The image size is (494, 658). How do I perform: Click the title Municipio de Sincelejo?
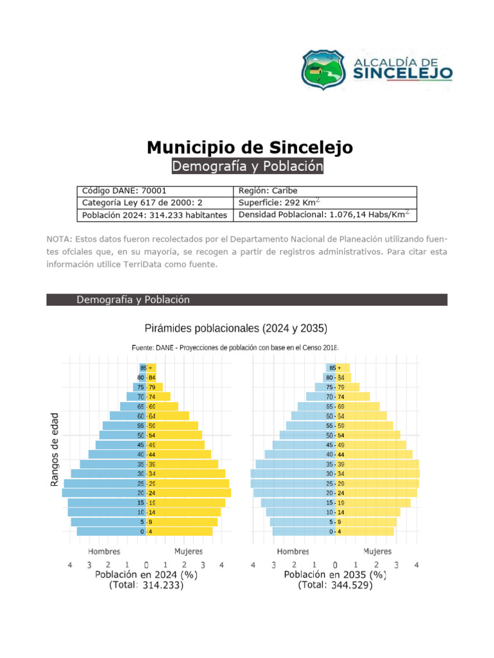tap(250, 147)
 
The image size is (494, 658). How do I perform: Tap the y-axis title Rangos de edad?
tap(55, 449)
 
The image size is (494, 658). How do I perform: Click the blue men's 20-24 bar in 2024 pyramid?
tap(103, 493)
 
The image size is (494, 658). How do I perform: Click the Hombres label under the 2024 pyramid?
tap(105, 551)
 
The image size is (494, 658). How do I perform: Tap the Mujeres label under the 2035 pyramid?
tap(378, 551)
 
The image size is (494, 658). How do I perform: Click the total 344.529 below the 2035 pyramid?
tap(351, 585)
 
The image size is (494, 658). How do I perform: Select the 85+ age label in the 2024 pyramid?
tap(147, 368)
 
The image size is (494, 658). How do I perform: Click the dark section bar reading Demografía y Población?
tap(247, 299)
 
